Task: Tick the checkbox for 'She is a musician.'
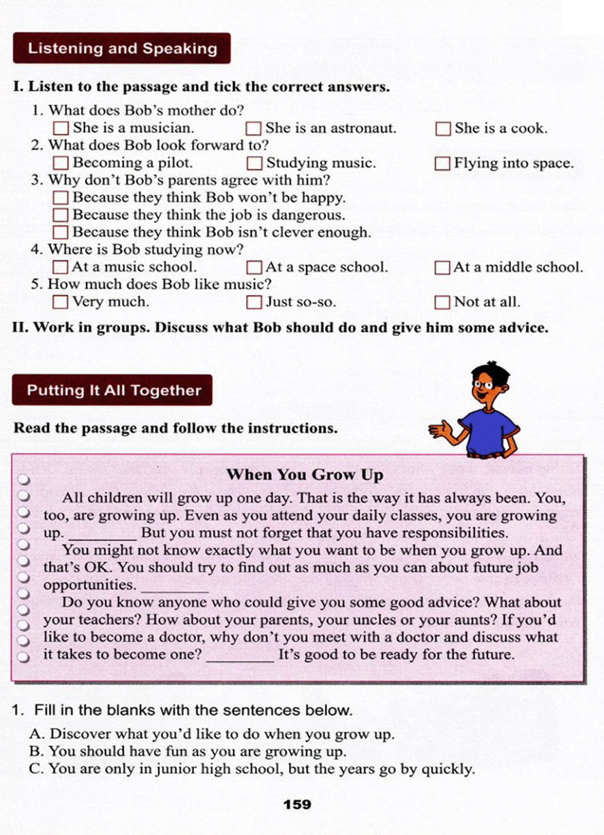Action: (x=61, y=128)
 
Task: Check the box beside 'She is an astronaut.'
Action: (x=254, y=128)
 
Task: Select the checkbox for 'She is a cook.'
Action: (x=442, y=129)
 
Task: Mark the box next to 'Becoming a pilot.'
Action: (x=61, y=163)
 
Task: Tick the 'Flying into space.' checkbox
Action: (x=442, y=163)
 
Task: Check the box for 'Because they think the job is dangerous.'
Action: (x=61, y=215)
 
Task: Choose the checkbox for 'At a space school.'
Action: (x=254, y=267)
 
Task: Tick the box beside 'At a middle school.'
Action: (x=442, y=268)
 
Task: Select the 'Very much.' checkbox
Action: (x=60, y=302)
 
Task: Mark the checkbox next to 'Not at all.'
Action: (x=442, y=302)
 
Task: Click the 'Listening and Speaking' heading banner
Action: (x=122, y=48)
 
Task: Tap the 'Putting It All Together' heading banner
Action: (x=113, y=390)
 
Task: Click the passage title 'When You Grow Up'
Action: (x=304, y=475)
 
